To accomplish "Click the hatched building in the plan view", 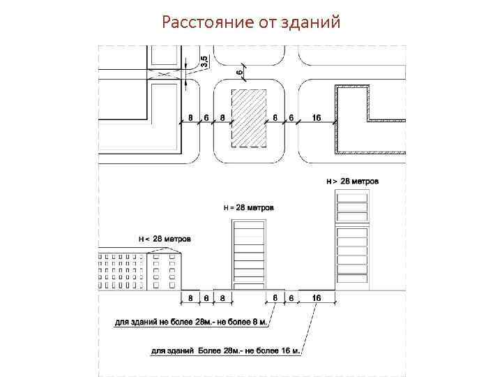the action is click(249, 118).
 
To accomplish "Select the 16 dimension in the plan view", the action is click(316, 118).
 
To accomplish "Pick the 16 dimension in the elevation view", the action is click(317, 297).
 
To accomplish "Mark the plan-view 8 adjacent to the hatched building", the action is click(222, 118).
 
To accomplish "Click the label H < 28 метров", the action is click(165, 239).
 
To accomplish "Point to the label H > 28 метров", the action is click(353, 181).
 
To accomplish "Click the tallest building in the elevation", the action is click(352, 238).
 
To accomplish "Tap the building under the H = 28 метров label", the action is click(249, 254).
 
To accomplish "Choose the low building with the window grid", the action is click(139, 270).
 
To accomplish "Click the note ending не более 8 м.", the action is click(191, 323).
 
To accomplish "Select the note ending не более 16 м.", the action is click(225, 350).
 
